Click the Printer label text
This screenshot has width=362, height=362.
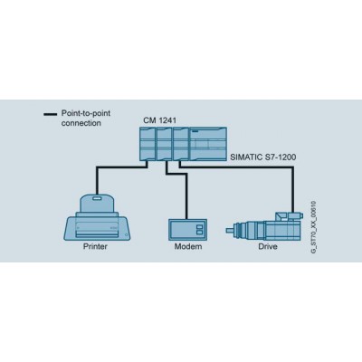[x=95, y=246]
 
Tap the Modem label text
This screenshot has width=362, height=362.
[x=188, y=246]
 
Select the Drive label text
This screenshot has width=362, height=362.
[x=268, y=246]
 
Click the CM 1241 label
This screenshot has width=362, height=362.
[x=160, y=120]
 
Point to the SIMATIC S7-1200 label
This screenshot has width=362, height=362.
[x=263, y=157]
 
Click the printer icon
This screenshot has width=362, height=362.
[x=98, y=217]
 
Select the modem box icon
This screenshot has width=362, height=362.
[x=187, y=230]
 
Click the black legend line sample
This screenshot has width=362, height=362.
[x=51, y=114]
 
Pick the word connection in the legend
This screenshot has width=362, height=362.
[x=81, y=123]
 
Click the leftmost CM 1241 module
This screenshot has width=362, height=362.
[x=148, y=144]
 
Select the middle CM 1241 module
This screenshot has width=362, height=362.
[x=165, y=144]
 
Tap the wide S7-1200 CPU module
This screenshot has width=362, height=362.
[x=208, y=144]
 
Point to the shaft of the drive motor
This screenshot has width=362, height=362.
[x=231, y=231]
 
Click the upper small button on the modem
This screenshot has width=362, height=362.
[x=199, y=226]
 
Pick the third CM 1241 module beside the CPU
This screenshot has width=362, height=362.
[x=181, y=144]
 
